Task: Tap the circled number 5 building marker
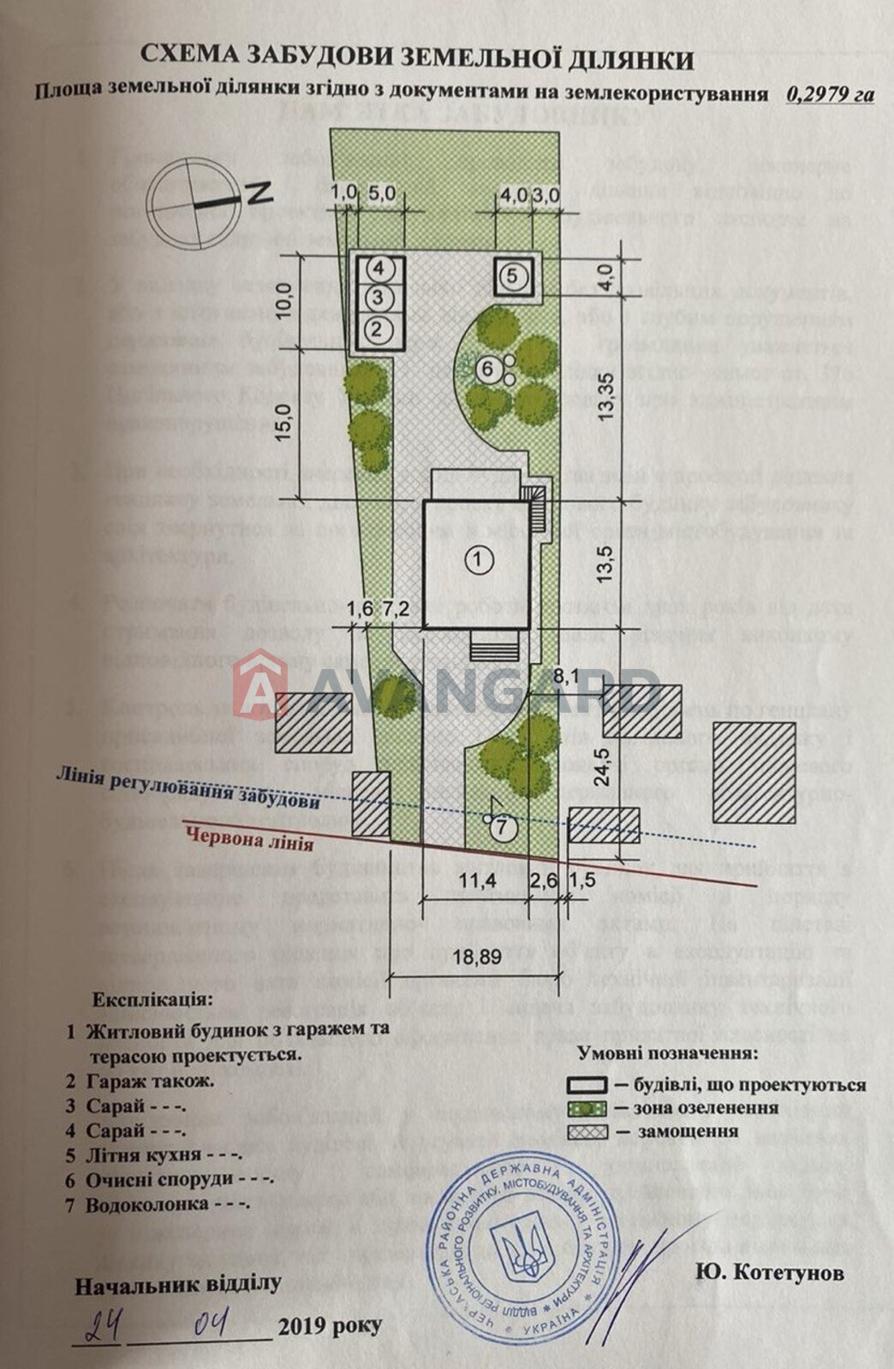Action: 510,276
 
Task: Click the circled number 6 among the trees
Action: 488,369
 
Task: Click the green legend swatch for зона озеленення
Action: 587,1107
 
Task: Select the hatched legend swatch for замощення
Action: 587,1131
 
